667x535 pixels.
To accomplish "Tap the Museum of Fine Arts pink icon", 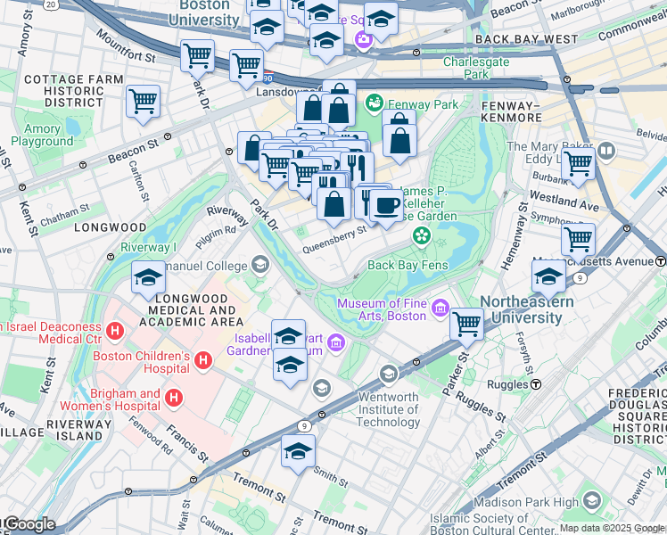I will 440,309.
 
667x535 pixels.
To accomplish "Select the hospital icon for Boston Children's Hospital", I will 203,360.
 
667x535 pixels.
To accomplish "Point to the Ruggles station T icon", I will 537,384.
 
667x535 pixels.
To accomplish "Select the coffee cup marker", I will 386,206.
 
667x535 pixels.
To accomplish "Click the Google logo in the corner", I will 29,524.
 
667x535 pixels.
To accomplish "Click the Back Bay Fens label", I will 405,265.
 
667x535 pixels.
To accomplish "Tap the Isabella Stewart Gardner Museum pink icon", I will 335,342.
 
